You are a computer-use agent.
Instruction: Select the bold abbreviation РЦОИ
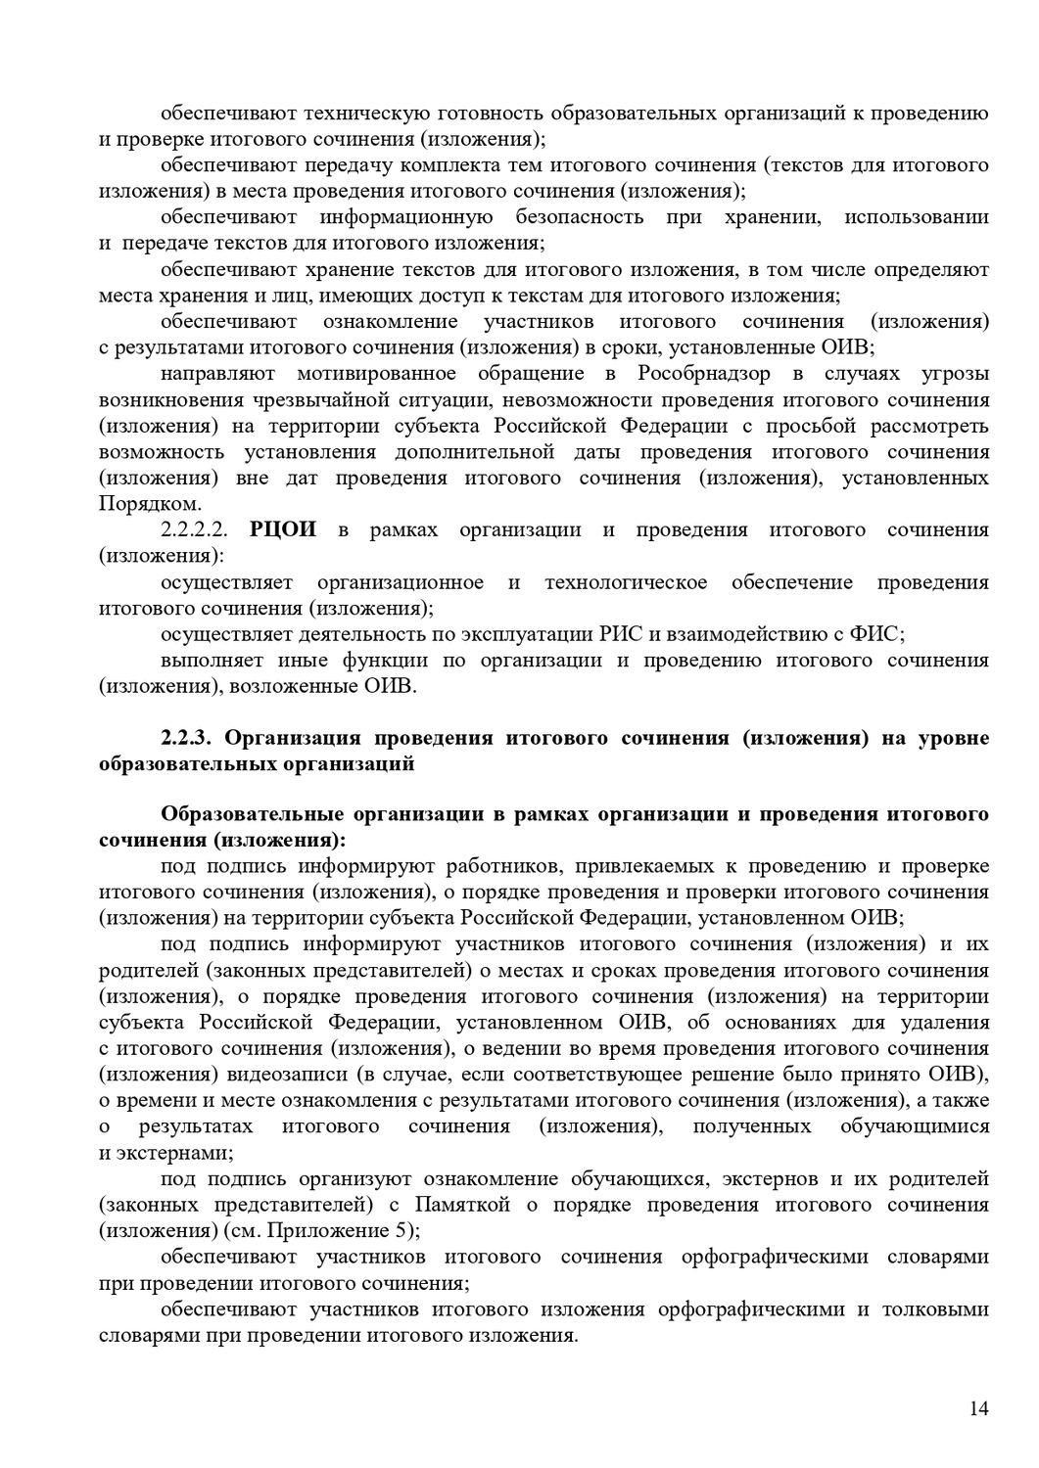click(x=284, y=529)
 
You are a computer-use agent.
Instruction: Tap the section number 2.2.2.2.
click(x=194, y=530)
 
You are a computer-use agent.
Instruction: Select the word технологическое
click(x=626, y=582)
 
